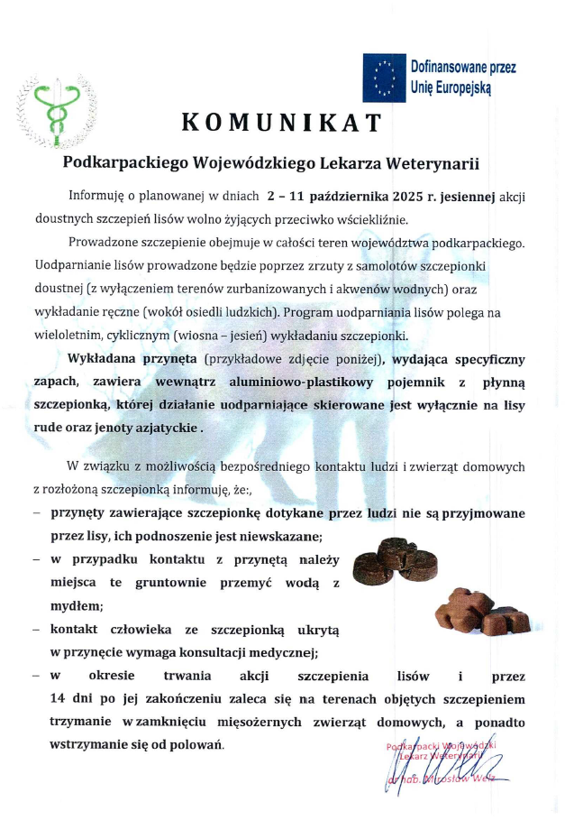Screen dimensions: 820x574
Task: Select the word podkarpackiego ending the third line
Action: (472, 244)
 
